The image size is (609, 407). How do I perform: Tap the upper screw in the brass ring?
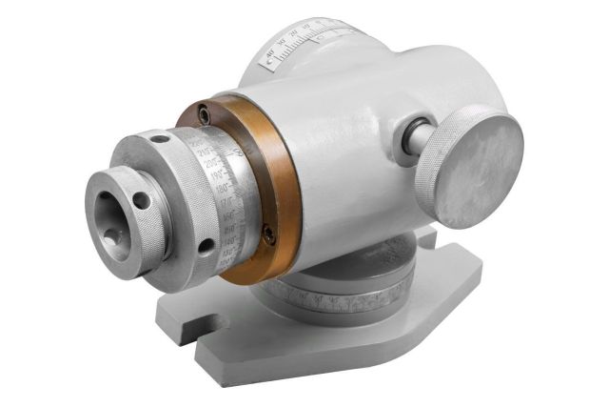pyautogui.click(x=206, y=115)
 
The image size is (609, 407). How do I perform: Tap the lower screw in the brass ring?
pyautogui.click(x=270, y=232)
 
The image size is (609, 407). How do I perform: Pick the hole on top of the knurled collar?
pyautogui.click(x=161, y=139)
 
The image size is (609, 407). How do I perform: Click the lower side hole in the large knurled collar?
pyautogui.click(x=205, y=246)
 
